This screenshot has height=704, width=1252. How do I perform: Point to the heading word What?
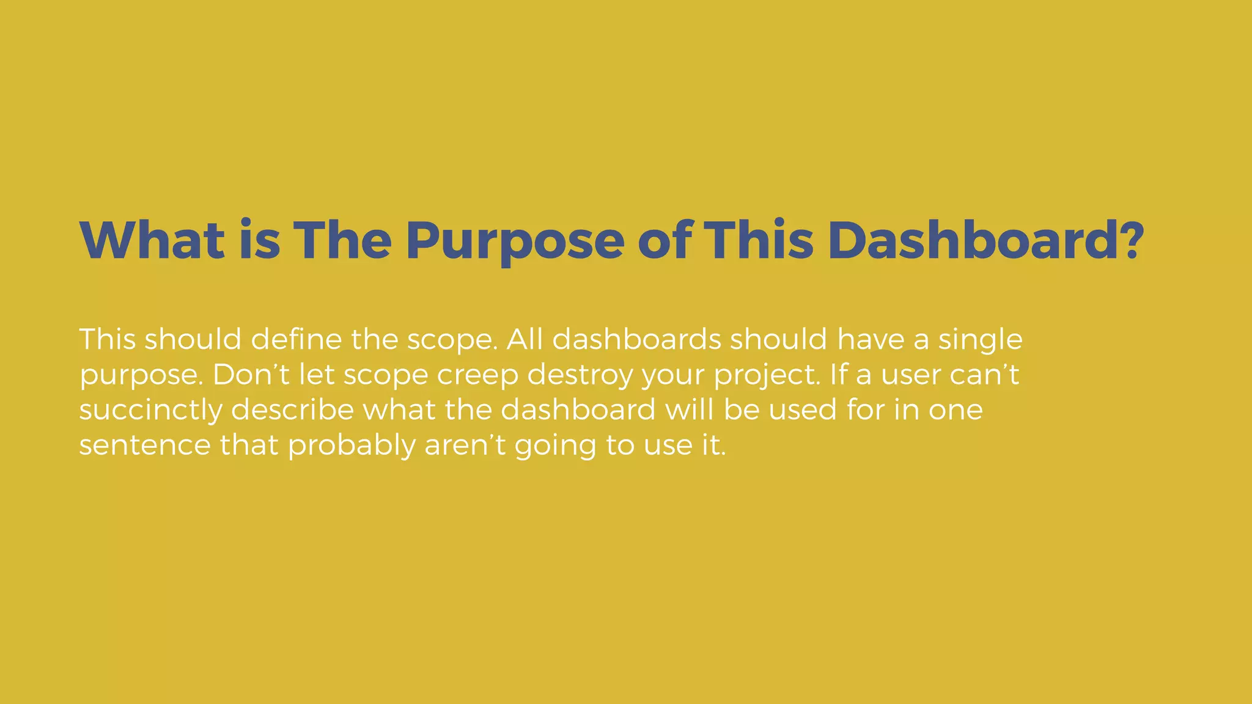coord(152,240)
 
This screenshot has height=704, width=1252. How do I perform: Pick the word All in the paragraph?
coord(525,339)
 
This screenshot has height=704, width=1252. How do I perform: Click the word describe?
coord(293,409)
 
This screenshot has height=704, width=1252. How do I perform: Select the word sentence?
coord(145,445)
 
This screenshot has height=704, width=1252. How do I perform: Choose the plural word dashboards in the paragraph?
coord(636,339)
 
